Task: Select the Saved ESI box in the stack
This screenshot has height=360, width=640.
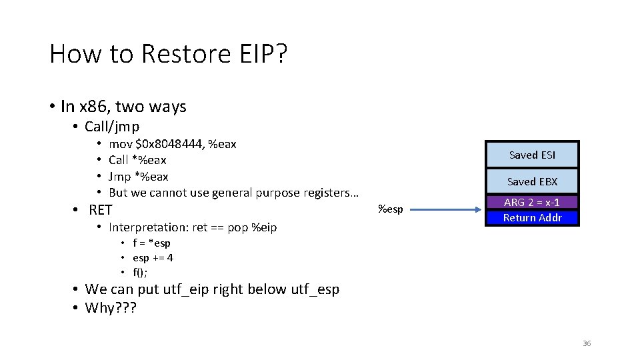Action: tap(532, 155)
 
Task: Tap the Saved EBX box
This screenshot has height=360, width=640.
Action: tap(532, 181)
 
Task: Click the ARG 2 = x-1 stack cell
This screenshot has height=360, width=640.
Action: tap(532, 203)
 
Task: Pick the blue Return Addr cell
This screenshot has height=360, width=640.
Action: tap(532, 217)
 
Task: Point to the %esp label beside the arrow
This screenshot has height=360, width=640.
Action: tap(390, 209)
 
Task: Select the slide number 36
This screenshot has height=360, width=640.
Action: tap(587, 343)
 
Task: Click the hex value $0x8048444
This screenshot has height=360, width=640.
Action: tap(166, 144)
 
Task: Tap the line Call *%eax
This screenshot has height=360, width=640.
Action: tap(137, 160)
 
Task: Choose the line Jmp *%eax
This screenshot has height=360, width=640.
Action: tap(138, 177)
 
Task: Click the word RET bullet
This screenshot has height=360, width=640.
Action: tap(101, 210)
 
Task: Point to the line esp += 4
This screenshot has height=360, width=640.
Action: tap(153, 258)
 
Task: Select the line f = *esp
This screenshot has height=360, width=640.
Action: tap(151, 243)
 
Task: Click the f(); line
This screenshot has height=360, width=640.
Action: tap(140, 272)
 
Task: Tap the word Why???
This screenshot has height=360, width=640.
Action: tap(110, 307)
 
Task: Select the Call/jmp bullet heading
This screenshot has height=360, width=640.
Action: tap(112, 127)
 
